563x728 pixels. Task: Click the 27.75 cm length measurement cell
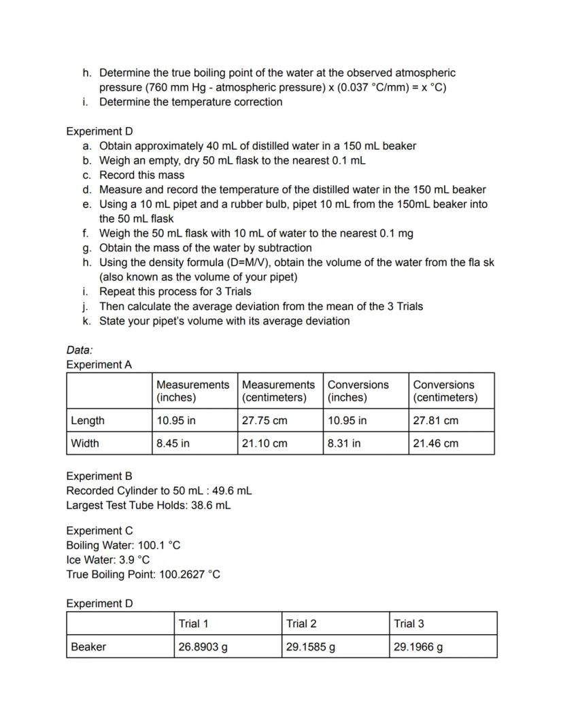265,420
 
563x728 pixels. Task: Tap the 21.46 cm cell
435,443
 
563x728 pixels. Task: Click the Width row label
85,443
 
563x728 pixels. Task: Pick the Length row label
88,420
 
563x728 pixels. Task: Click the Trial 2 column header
301,623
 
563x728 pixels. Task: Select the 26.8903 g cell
203,646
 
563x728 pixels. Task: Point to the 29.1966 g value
418,646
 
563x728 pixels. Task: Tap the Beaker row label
88,646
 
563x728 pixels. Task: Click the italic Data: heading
79,350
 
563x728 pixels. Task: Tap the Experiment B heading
99,476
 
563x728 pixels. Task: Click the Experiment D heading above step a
99,131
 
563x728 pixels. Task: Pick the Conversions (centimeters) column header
445,391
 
